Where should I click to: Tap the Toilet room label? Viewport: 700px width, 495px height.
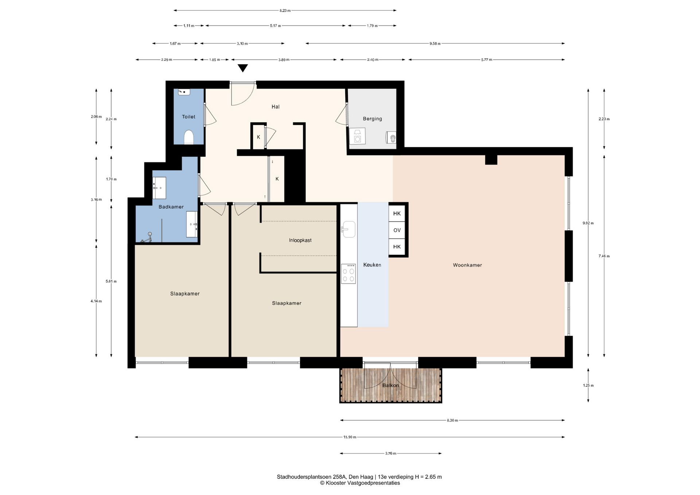pyautogui.click(x=188, y=117)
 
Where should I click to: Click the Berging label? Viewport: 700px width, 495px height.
pyautogui.click(x=372, y=119)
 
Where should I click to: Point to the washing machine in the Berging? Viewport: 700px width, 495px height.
pyautogui.click(x=357, y=136)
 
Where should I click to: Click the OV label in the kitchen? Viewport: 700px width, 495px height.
pyautogui.click(x=397, y=230)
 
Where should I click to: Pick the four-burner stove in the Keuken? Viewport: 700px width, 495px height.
pyautogui.click(x=349, y=274)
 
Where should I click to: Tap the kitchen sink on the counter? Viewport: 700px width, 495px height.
pyautogui.click(x=348, y=229)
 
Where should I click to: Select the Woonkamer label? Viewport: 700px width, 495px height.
pyautogui.click(x=467, y=265)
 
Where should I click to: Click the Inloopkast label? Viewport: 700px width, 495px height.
pyautogui.click(x=300, y=241)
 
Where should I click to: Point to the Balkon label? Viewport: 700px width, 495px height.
pyautogui.click(x=390, y=385)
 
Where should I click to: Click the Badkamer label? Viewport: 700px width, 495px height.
pyautogui.click(x=171, y=207)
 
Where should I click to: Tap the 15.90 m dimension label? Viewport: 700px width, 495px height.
pyautogui.click(x=350, y=437)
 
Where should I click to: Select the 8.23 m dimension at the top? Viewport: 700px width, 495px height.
pyautogui.click(x=285, y=11)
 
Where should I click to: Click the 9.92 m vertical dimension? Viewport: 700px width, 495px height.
pyautogui.click(x=588, y=223)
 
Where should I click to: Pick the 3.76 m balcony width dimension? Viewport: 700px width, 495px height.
pyautogui.click(x=390, y=453)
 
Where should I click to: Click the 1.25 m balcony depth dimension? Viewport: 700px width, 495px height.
pyautogui.click(x=588, y=385)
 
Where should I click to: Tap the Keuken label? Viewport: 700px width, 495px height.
pyautogui.click(x=372, y=265)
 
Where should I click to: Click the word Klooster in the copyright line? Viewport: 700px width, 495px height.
pyautogui.click(x=336, y=483)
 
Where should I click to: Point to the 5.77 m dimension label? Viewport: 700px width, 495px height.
pyautogui.click(x=487, y=60)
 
